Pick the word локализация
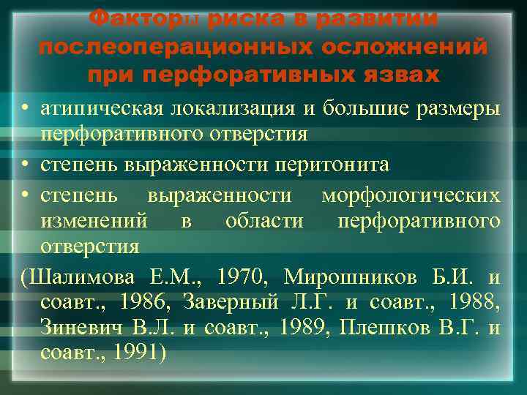233,110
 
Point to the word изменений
94,221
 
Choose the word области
264,221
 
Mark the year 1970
238,277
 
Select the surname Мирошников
352,277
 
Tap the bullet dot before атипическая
25,110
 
